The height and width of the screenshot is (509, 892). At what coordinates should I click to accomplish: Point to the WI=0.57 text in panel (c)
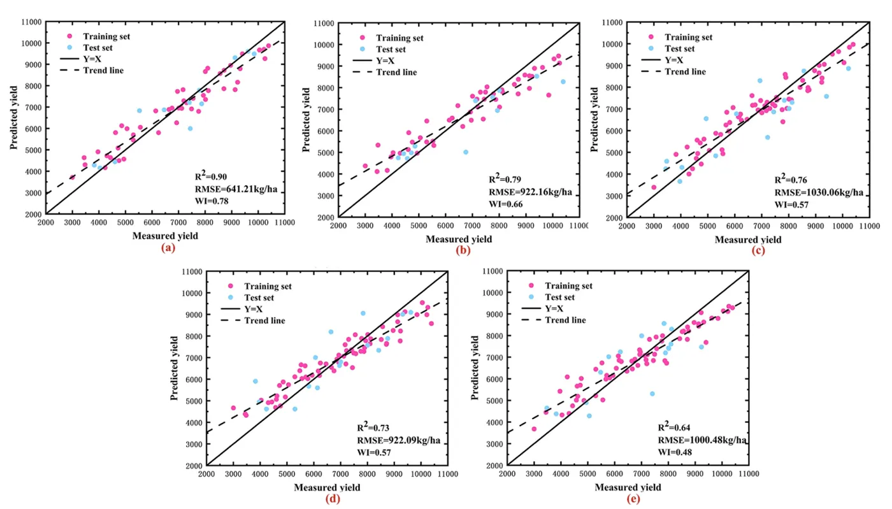point(793,204)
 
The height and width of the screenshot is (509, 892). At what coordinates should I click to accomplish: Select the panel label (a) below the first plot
point(168,247)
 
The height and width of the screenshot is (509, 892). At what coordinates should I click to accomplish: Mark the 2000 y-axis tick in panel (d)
point(193,466)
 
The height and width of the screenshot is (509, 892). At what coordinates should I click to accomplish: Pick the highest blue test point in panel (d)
point(363,313)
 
